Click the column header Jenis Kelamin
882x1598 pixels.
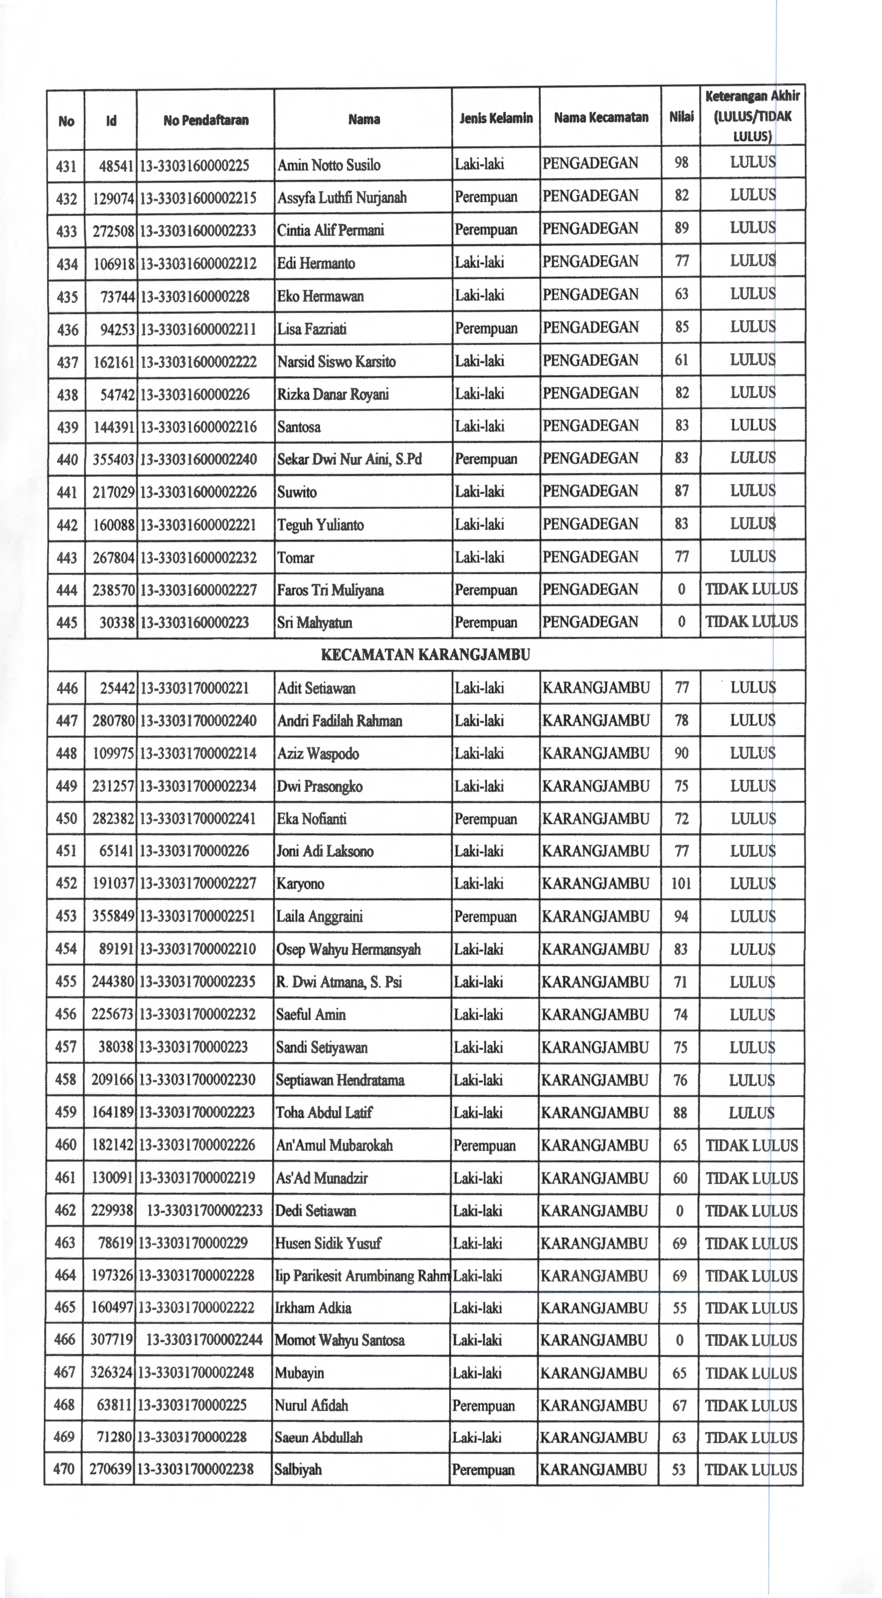tap(496, 118)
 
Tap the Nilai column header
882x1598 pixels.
tap(681, 117)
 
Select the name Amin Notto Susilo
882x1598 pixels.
tap(329, 165)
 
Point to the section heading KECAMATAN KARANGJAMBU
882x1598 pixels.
tap(425, 655)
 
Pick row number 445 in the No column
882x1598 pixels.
tap(67, 622)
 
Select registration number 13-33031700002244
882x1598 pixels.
tap(204, 1340)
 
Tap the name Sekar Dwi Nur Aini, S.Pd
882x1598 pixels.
tap(349, 460)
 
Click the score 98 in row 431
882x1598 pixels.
tap(681, 163)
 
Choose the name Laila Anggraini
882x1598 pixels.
tap(319, 916)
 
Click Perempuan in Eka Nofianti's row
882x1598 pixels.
tap(485, 819)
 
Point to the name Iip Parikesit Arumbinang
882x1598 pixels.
tap(362, 1276)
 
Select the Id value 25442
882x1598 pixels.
tap(117, 688)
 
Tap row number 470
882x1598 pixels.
tap(64, 1469)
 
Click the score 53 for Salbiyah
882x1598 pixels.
tap(679, 1469)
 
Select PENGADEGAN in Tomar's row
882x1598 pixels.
tap(590, 556)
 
